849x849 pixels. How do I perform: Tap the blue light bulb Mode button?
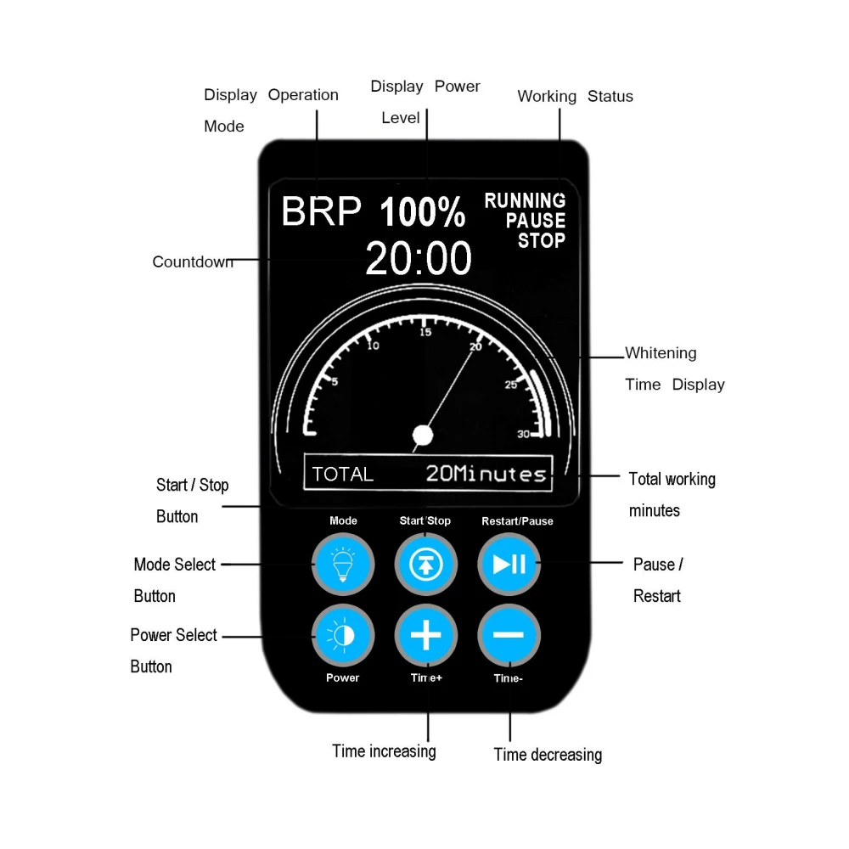(343, 564)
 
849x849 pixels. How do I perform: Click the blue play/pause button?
(509, 564)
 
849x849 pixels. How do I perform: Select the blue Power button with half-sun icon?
(343, 635)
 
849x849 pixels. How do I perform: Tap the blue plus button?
(426, 635)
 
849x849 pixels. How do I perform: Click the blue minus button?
(509, 635)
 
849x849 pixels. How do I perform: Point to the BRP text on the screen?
(321, 211)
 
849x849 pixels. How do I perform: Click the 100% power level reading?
(422, 212)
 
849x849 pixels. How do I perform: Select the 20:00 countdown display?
(419, 258)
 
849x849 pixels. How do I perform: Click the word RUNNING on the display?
(525, 201)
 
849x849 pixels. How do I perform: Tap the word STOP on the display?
(542, 240)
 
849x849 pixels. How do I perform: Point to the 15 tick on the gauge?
(425, 332)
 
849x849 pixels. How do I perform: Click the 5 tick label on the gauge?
(334, 382)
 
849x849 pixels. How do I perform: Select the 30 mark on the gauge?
(523, 435)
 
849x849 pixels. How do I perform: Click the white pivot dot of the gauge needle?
(422, 436)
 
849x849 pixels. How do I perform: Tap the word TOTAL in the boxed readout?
(343, 474)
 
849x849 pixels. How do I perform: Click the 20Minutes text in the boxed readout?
(486, 474)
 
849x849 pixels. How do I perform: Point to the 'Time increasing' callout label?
(384, 751)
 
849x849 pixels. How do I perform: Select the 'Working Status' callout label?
(575, 97)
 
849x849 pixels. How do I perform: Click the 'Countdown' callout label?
(193, 262)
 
